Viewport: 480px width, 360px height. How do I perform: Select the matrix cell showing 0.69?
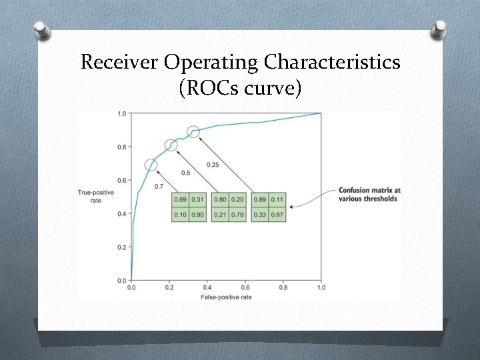(x=180, y=200)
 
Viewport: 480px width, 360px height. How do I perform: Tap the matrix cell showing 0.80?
(x=220, y=200)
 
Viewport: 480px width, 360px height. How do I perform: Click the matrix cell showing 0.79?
(x=237, y=214)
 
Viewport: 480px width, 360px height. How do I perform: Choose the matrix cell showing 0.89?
(x=260, y=200)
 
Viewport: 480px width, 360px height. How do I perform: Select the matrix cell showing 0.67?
(x=277, y=214)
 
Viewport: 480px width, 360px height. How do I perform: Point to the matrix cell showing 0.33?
(x=260, y=214)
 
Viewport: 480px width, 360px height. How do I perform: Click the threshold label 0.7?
(x=159, y=187)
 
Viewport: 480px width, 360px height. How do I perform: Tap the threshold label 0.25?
(x=213, y=165)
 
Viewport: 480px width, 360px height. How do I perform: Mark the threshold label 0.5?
(x=186, y=173)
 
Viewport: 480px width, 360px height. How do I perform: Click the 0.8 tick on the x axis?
(x=283, y=287)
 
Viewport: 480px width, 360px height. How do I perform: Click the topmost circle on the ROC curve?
(x=193, y=131)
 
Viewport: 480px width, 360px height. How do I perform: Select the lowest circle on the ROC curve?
(x=151, y=165)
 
